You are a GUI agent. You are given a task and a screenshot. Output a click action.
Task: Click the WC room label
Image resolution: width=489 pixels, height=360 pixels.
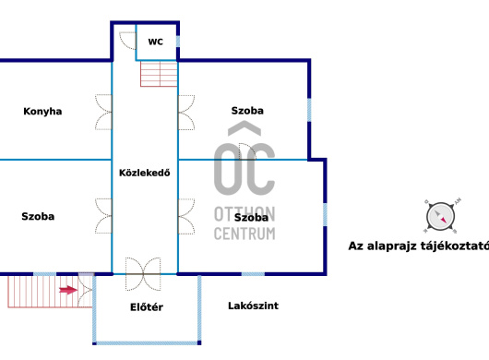tap(155, 42)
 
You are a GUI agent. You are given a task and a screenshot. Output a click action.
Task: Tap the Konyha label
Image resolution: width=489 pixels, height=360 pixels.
tap(42, 112)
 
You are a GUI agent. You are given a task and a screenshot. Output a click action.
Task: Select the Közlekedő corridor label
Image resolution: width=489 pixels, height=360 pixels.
tap(144, 173)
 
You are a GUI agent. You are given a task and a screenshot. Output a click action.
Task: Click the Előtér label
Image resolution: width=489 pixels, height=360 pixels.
tap(147, 307)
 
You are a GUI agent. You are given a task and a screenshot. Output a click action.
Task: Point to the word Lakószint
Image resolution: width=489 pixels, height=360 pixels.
tap(253, 306)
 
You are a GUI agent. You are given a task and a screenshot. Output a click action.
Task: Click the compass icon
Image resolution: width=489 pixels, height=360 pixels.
tap(441, 216)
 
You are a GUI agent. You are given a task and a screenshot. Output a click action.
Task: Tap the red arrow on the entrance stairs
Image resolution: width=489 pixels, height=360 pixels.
tap(68, 290)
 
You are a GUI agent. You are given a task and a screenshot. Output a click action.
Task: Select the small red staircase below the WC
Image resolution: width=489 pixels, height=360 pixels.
tap(159, 74)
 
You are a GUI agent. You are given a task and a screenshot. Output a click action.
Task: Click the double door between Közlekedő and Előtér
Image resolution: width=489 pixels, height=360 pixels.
tap(143, 274)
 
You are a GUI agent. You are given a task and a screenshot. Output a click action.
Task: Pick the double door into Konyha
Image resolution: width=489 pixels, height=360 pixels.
tap(103, 112)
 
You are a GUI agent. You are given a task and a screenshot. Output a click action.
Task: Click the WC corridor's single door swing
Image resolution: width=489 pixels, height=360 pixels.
tap(128, 41)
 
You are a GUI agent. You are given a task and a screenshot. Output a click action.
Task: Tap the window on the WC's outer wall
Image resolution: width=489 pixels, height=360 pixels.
tap(178, 42)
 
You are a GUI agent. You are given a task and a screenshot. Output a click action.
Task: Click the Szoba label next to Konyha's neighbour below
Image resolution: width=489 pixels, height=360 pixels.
tap(38, 217)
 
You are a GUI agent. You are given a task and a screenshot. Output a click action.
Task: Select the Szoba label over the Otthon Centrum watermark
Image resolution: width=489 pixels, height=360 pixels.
tap(251, 218)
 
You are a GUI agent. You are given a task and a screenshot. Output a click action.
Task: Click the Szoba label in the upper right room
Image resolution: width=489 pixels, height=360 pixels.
tap(247, 111)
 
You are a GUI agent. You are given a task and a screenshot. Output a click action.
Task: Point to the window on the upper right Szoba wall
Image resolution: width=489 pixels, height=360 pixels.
tap(309, 110)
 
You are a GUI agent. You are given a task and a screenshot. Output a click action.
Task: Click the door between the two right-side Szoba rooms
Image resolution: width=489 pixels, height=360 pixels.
tap(247, 152)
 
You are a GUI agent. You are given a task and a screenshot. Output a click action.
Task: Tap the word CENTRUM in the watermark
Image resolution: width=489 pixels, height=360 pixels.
tap(244, 234)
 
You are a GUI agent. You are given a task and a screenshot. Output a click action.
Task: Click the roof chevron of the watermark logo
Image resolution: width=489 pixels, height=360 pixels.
tap(244, 128)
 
